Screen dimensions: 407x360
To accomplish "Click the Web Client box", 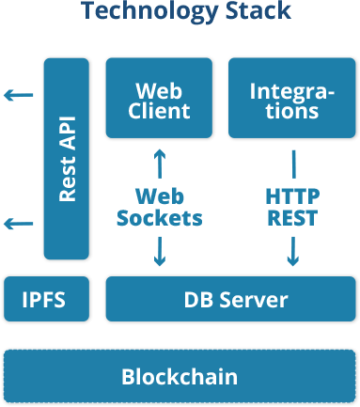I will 159,100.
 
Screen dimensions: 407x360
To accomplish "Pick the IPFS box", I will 46,299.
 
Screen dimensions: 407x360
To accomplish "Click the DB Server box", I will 229,299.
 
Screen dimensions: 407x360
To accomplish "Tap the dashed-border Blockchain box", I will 179,377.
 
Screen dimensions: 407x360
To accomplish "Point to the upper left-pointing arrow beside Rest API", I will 18,95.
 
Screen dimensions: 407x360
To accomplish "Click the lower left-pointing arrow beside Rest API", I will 18,224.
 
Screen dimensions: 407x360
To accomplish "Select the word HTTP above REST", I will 292,196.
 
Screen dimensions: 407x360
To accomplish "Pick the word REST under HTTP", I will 292,219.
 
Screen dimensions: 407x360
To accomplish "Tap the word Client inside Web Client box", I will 159,111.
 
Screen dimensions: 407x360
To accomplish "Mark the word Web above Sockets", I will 159,196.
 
